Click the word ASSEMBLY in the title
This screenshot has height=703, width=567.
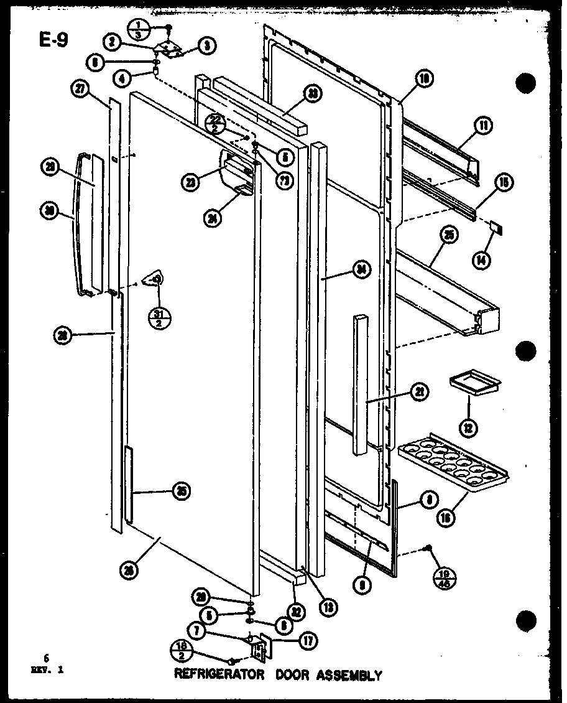click(x=351, y=674)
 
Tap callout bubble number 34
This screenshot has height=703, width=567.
click(x=361, y=269)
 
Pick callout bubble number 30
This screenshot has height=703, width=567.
click(x=64, y=211)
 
